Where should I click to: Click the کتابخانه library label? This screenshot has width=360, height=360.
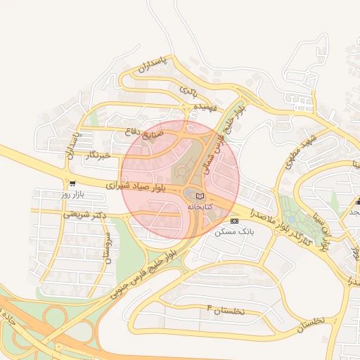coord(200,207)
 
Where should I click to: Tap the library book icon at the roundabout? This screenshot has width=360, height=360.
coord(200,195)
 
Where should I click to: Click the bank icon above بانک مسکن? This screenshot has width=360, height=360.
coord(234,220)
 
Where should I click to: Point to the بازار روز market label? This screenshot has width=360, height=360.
coord(72,193)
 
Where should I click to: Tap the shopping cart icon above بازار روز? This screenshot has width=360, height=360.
coord(72,183)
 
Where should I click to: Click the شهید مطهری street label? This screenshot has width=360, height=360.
coord(299,151)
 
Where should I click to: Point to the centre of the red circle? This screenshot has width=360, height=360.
coord(180,179)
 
